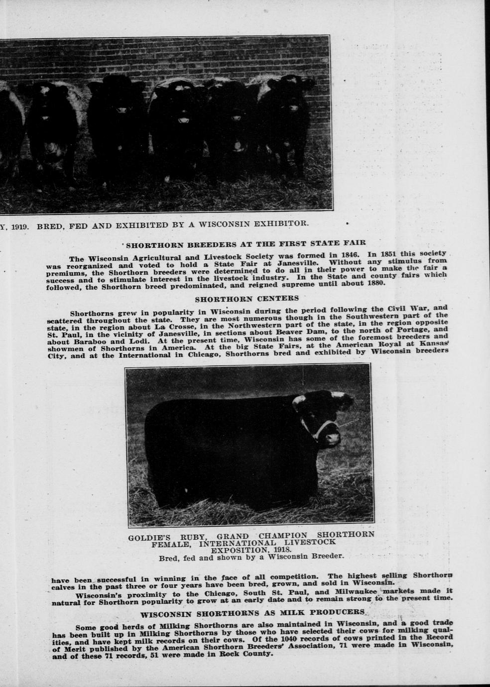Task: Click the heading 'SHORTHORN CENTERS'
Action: coord(246,299)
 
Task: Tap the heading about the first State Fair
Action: coord(245,244)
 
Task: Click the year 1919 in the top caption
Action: coord(19,225)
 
